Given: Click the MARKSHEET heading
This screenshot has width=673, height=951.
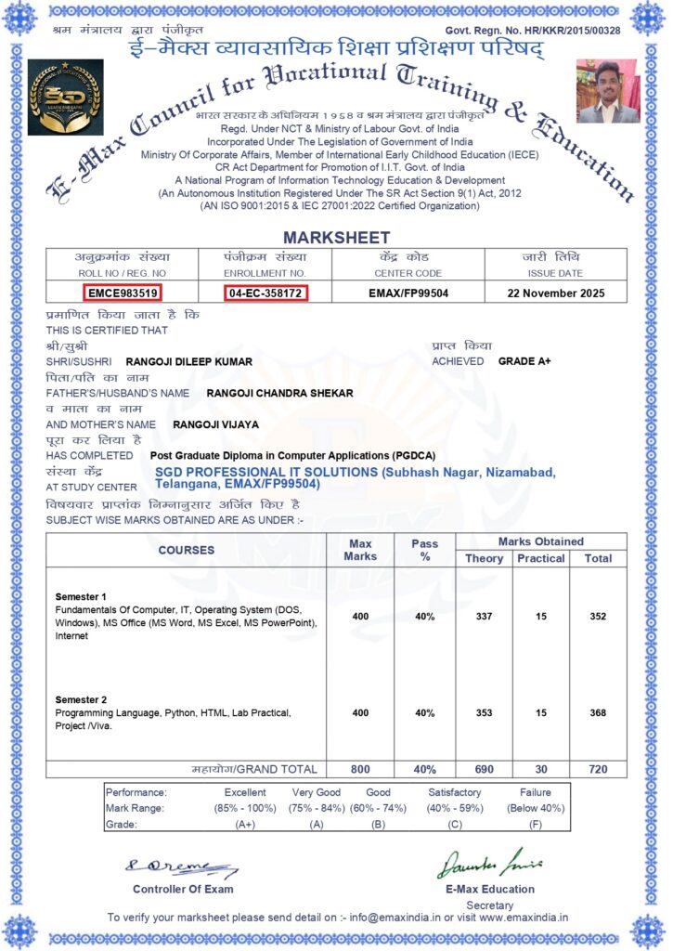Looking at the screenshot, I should [336, 238].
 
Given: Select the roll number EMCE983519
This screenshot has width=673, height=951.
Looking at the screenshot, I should [122, 293].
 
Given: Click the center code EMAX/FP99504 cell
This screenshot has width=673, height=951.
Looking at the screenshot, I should [408, 293].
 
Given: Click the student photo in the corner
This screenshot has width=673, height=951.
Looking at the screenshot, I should [607, 91].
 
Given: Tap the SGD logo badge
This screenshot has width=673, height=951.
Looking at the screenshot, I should [65, 97].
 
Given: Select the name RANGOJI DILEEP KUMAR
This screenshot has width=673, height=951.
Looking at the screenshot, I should [188, 361].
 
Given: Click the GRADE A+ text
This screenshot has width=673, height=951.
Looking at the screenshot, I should [524, 360].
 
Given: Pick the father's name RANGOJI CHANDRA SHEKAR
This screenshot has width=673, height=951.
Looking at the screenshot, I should [279, 393].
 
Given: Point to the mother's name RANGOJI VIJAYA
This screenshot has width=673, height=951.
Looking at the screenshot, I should [215, 424].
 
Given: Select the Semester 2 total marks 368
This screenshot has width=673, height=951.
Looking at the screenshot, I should [598, 713].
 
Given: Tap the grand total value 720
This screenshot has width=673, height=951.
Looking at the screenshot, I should [598, 770].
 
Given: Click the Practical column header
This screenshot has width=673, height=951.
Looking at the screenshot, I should [541, 558].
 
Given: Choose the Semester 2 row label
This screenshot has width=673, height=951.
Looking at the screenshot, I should [82, 699].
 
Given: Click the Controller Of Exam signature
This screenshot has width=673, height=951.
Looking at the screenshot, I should [183, 867].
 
